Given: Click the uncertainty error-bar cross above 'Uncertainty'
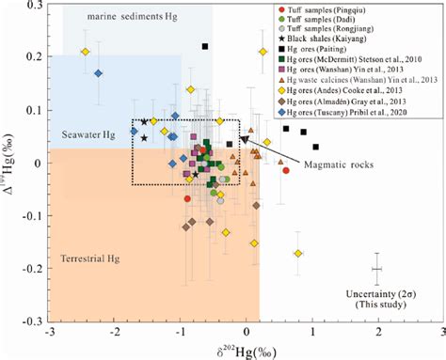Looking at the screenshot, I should [x=378, y=269].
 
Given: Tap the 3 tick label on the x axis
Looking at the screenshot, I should [x=443, y=332].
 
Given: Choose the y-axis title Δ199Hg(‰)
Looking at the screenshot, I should [x=11, y=164].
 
